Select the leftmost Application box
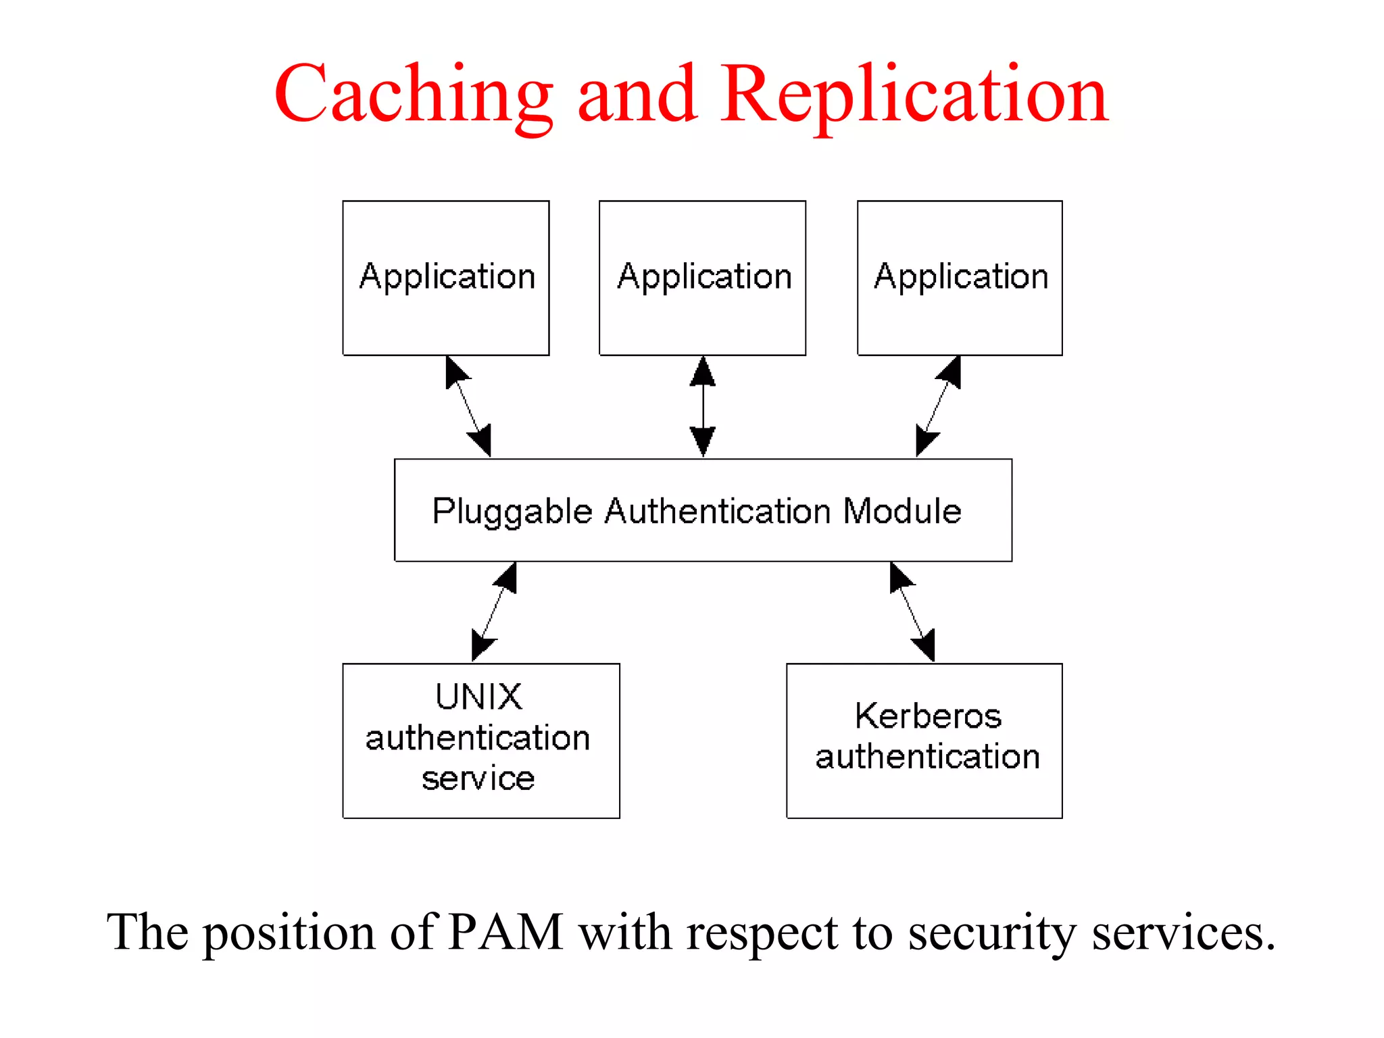(446, 278)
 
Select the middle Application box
(702, 278)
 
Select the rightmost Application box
(960, 278)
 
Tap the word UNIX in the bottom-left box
(478, 697)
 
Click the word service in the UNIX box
(478, 778)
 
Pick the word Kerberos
(927, 716)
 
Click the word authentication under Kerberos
(927, 756)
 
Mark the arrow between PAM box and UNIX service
(494, 612)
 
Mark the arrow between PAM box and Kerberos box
(912, 612)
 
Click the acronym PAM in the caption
(505, 933)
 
